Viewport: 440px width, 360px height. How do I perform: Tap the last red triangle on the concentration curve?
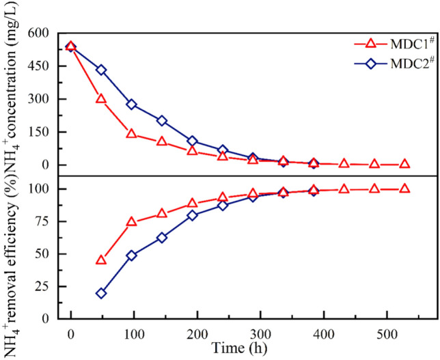tap(404, 164)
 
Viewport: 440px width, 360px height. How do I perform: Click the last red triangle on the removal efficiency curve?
tap(404, 189)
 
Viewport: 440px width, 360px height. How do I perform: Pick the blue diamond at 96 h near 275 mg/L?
tap(132, 105)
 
